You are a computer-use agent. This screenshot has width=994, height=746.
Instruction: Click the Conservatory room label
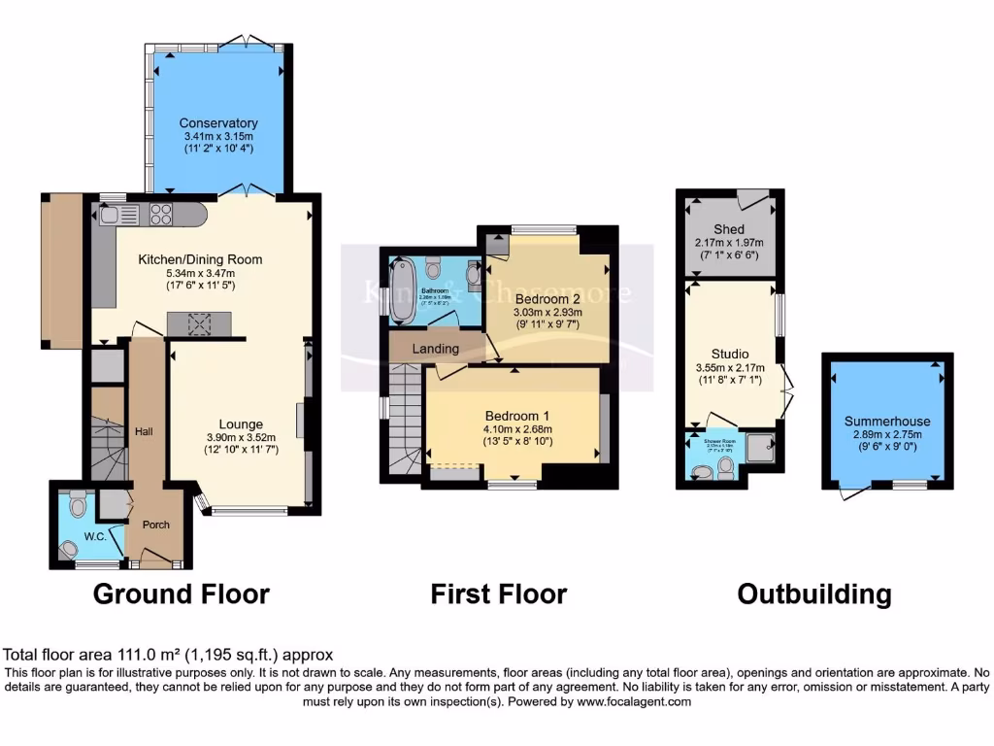point(217,123)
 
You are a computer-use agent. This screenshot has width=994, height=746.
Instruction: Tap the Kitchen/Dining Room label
point(200,259)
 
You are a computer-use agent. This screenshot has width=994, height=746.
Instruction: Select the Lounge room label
point(241,424)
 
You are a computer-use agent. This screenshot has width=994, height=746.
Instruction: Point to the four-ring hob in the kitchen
point(160,216)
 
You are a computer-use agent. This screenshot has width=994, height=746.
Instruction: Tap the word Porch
point(156,525)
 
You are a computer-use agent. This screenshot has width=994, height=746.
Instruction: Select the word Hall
point(145,431)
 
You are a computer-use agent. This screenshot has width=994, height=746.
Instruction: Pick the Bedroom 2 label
point(547,297)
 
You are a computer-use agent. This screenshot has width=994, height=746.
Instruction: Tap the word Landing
point(435,349)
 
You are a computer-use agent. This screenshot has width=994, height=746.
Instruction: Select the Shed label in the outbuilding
point(729,229)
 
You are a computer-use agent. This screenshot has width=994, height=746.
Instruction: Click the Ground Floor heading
point(182,593)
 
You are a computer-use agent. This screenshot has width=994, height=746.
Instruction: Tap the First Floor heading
point(499,593)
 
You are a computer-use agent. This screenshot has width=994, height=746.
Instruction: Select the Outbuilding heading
point(813,593)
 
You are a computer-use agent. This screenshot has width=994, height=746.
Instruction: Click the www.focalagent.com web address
point(635,701)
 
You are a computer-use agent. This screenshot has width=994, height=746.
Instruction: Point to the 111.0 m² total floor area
point(133,656)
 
